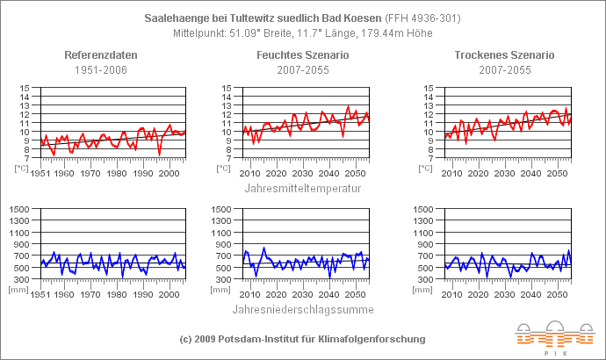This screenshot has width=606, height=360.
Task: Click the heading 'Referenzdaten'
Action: point(99,54)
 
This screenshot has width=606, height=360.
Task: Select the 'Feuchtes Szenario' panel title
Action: point(301,54)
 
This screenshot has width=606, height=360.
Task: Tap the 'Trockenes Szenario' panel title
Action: point(504,54)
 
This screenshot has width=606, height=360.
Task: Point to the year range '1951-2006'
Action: point(99,69)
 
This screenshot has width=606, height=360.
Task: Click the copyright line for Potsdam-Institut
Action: point(302,339)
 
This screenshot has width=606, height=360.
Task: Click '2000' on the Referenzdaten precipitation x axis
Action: point(170,294)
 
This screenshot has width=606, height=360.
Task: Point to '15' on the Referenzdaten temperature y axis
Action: point(25,89)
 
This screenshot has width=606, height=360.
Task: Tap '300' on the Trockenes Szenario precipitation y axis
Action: point(428,278)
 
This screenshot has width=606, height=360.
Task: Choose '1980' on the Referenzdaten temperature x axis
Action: point(117,173)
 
